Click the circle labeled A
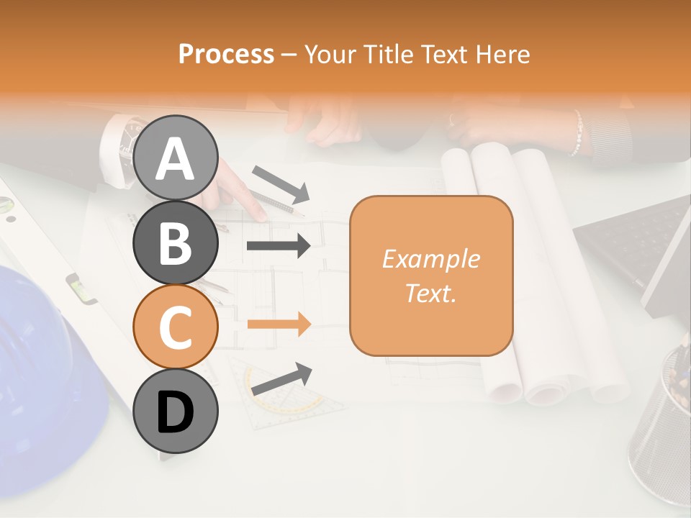click(175, 158)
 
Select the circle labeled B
click(175, 242)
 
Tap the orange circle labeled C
click(175, 327)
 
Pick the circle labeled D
click(175, 411)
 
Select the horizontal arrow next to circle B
click(279, 246)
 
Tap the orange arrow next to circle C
click(279, 324)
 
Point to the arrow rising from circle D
click(281, 378)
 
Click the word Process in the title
click(226, 54)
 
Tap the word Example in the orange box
click(430, 259)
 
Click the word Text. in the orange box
click(430, 293)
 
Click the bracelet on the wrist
click(576, 134)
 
